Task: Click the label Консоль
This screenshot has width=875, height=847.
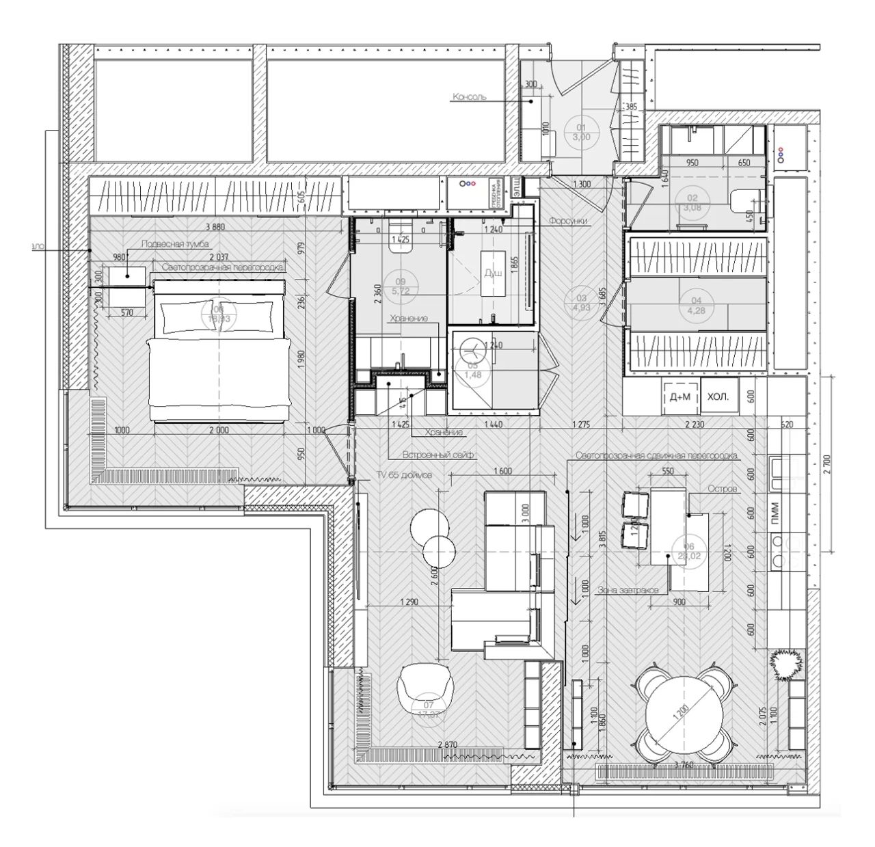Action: point(470,97)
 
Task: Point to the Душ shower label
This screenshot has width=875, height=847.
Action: point(494,273)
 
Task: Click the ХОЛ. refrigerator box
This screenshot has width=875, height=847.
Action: point(718,397)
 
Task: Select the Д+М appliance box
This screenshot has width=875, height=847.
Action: point(679,397)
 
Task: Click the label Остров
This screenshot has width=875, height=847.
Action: point(722,490)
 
